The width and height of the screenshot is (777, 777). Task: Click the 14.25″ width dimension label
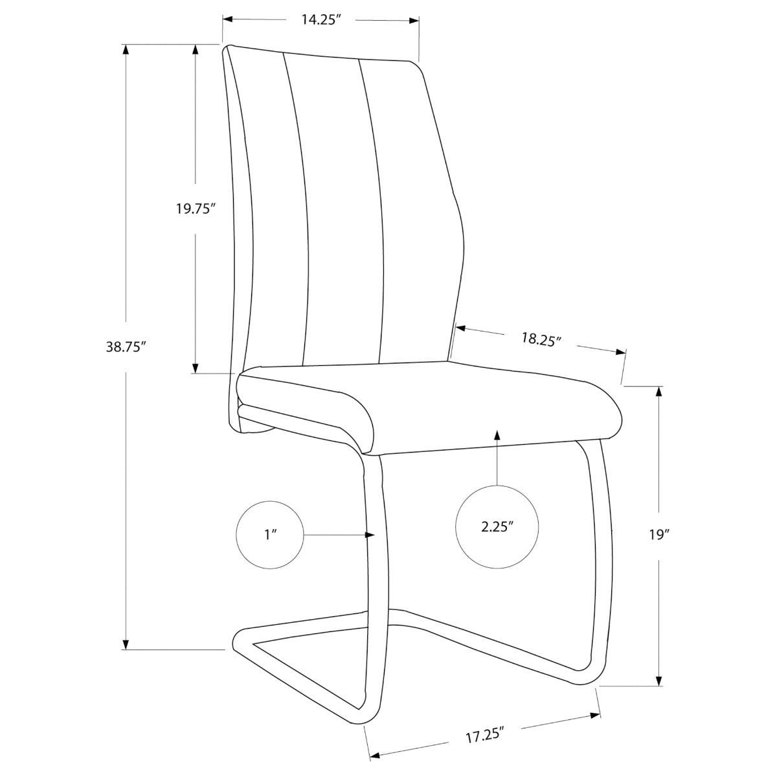[x=319, y=20]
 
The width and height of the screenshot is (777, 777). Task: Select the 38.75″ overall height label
[x=125, y=347]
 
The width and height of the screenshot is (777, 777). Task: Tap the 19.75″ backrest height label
[x=195, y=208]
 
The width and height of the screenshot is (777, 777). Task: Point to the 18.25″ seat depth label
[x=541, y=339]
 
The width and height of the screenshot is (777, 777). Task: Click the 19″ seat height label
[x=659, y=535]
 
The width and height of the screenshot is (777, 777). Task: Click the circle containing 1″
[x=270, y=535]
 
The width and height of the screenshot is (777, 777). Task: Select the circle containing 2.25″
[x=497, y=526]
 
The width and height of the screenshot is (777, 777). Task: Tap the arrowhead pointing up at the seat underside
[x=497, y=435]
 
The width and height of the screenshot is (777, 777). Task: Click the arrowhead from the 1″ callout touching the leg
[x=370, y=535]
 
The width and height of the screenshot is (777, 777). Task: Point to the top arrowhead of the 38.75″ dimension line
[x=126, y=49]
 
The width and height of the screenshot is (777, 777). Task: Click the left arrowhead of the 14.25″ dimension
[x=228, y=19]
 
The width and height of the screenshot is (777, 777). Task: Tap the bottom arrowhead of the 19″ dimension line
[x=659, y=680]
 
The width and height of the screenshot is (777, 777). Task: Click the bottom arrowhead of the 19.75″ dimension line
[x=195, y=368]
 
